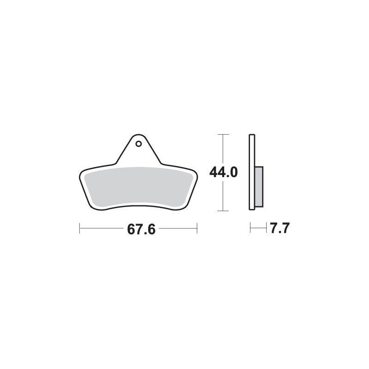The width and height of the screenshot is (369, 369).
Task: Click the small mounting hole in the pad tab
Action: (x=138, y=143)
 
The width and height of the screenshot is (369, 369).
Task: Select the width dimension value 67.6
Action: (x=138, y=229)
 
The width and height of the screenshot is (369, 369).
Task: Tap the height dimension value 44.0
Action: (x=223, y=173)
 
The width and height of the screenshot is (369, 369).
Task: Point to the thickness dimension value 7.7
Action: (x=280, y=228)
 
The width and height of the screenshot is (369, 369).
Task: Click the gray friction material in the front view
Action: (x=138, y=187)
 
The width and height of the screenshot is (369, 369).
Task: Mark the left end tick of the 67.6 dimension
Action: (x=80, y=228)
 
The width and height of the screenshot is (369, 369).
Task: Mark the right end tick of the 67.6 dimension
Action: (x=197, y=228)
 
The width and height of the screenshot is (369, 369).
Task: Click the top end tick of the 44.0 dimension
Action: (x=223, y=134)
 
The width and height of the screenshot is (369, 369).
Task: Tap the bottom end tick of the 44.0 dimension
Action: (x=223, y=211)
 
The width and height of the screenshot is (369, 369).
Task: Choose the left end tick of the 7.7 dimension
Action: (x=250, y=228)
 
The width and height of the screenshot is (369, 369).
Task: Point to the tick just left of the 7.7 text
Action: (x=267, y=228)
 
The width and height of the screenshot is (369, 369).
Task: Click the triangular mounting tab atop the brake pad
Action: (x=138, y=150)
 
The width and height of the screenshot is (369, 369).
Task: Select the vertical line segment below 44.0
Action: (x=223, y=196)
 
